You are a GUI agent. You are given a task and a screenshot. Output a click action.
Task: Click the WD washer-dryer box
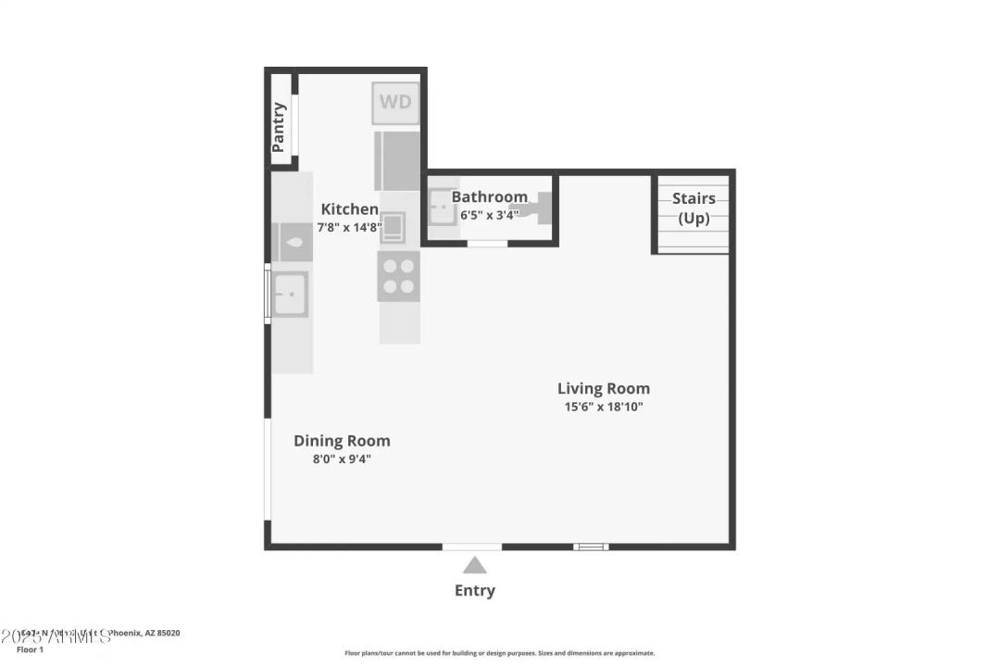396,103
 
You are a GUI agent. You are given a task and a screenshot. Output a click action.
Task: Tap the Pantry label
279,127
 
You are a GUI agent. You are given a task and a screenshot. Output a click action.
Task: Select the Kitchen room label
349,209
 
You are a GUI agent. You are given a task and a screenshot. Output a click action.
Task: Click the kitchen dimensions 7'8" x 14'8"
349,227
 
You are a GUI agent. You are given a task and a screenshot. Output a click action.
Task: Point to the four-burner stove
398,276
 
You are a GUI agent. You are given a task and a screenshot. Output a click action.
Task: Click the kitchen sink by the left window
290,295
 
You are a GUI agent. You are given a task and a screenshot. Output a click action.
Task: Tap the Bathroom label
489,197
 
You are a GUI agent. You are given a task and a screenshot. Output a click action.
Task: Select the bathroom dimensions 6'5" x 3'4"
489,215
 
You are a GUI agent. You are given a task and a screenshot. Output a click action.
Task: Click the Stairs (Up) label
694,208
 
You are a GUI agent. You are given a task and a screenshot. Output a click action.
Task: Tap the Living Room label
603,389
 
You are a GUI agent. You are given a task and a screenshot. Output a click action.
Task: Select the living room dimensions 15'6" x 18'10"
603,407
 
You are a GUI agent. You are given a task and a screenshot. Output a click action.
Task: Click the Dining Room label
342,441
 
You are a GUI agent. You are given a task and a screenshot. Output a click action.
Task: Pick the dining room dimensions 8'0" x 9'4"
342,459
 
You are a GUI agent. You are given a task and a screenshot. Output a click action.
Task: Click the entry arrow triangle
474,565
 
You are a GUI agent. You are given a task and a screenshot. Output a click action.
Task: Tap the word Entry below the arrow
474,591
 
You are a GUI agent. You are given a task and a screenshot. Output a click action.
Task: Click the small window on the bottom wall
591,547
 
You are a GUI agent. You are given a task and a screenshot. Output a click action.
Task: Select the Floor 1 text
30,649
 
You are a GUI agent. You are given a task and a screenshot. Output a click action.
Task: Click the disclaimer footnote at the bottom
499,653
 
